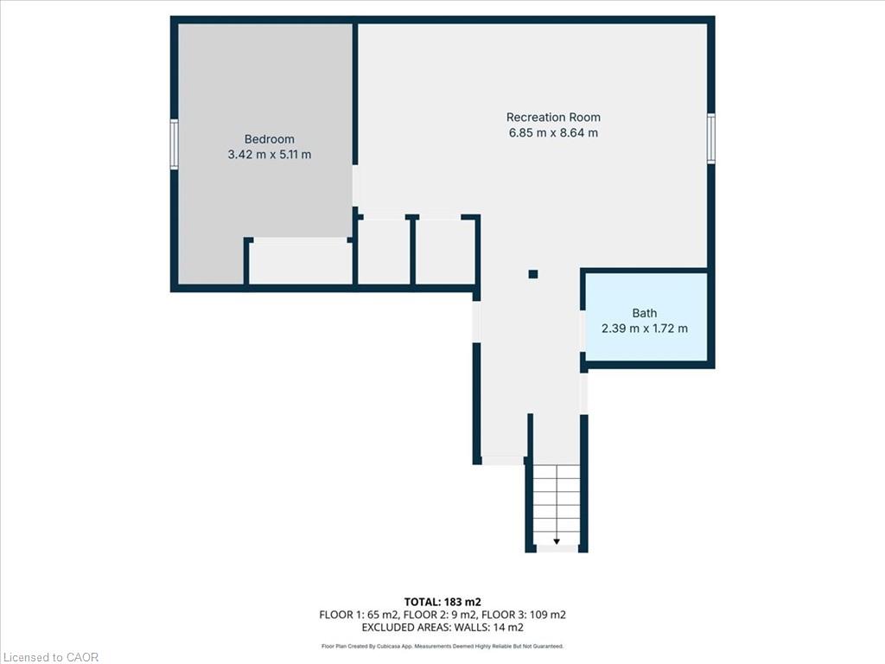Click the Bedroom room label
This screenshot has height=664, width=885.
click(270, 139)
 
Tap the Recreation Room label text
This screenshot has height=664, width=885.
click(553, 118)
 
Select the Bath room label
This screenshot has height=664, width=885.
click(645, 313)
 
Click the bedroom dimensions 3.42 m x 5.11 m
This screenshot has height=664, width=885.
click(270, 155)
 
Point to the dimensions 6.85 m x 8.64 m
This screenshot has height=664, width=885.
click(553, 132)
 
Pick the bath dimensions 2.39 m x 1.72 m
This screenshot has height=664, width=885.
click(645, 329)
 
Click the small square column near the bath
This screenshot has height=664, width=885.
click(532, 274)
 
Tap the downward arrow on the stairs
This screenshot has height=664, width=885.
click(557, 541)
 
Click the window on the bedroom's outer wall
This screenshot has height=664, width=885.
click(175, 144)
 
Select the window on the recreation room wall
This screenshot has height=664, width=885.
click(711, 138)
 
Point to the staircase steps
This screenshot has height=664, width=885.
click(557, 505)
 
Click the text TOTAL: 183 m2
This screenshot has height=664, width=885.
click(442, 602)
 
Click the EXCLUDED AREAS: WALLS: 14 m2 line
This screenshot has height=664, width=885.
click(442, 628)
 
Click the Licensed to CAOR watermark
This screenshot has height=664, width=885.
click(49, 657)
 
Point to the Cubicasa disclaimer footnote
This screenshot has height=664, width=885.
click(442, 646)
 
